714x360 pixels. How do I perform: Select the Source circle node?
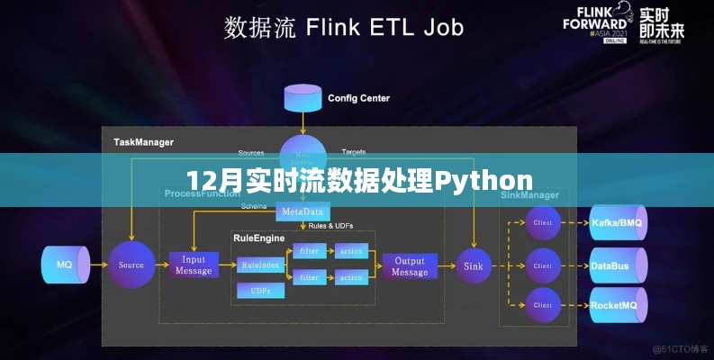(x=131, y=265)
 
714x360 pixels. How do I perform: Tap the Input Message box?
(x=194, y=265)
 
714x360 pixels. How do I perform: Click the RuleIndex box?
(x=258, y=265)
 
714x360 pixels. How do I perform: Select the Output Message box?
(x=410, y=265)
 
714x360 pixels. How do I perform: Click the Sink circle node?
(x=474, y=265)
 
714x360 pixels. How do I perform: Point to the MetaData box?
(x=303, y=211)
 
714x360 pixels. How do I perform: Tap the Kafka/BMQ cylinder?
(x=618, y=221)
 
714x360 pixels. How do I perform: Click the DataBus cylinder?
(x=618, y=265)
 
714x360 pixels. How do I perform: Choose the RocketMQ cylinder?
(x=618, y=305)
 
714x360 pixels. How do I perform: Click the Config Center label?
(x=359, y=97)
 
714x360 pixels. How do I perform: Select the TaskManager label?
(x=143, y=141)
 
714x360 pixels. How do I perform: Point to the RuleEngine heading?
(x=258, y=238)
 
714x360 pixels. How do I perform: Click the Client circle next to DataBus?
(x=543, y=265)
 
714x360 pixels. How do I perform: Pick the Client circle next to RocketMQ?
(x=543, y=306)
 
